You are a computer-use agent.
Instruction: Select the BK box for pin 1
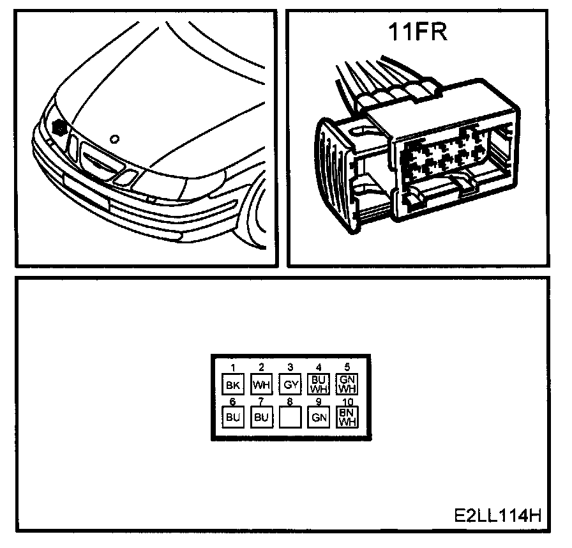coord(232,384)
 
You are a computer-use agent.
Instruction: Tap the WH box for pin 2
coord(261,384)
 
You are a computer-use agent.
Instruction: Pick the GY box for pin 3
coord(290,384)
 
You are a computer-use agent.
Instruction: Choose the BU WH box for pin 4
coord(318,384)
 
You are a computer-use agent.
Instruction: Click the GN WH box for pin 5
coord(347,384)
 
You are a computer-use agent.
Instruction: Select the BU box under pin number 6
coord(232,417)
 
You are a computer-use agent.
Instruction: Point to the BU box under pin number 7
coord(261,417)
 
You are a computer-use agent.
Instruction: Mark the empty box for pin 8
coord(290,417)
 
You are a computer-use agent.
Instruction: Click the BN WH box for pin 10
coord(347,416)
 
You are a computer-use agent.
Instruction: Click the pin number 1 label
coord(233,367)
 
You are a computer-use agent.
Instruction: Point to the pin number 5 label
coord(347,367)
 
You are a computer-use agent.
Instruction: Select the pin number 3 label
coord(290,367)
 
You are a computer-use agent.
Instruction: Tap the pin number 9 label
coord(318,402)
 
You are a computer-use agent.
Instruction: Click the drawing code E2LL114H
coord(498,515)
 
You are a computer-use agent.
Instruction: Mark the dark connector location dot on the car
coord(61,126)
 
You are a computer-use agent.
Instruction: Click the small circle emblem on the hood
coord(114,138)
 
